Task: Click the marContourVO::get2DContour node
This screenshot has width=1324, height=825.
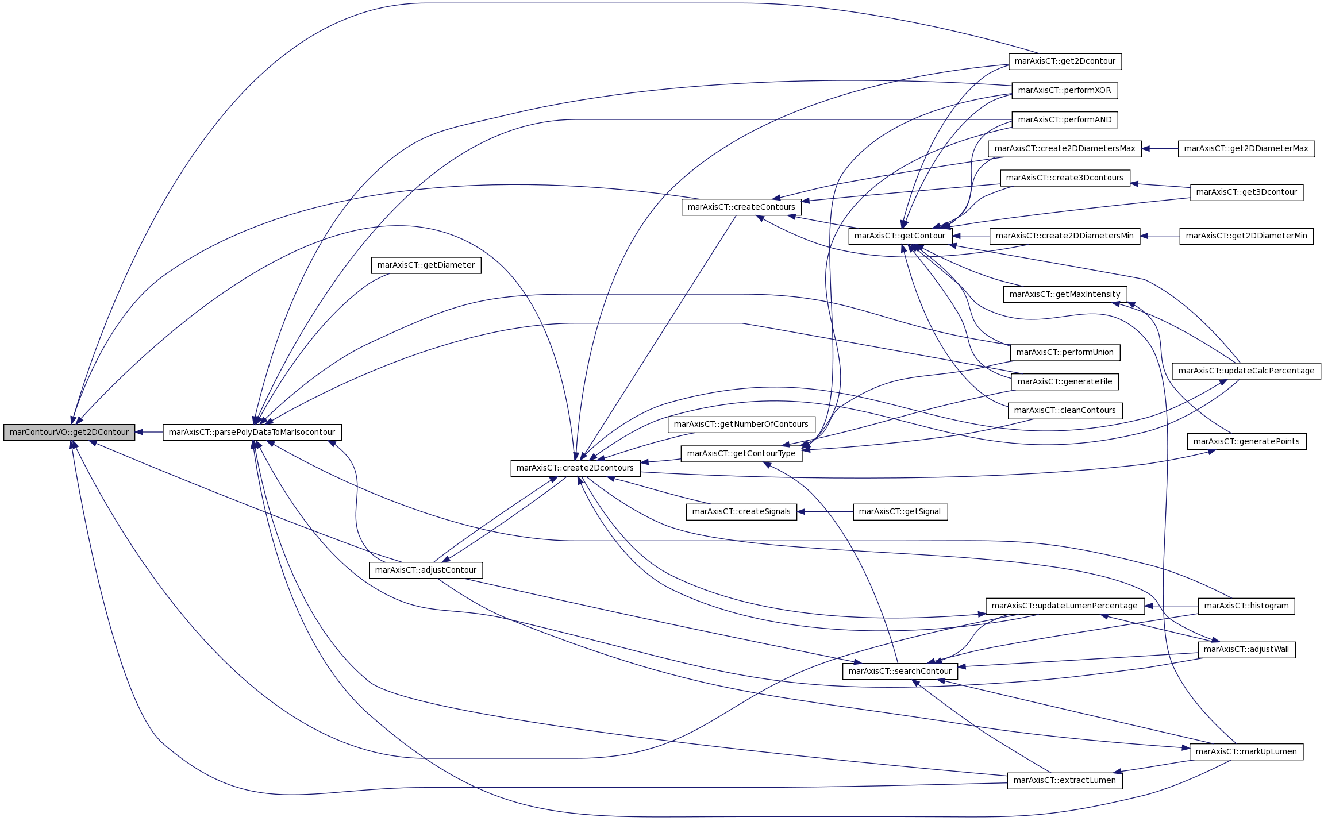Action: click(70, 433)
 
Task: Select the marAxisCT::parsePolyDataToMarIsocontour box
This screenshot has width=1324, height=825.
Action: click(252, 433)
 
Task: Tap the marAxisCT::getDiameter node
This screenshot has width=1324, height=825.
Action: click(426, 265)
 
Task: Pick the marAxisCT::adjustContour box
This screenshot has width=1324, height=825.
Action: click(426, 570)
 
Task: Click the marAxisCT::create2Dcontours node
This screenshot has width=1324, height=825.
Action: click(575, 468)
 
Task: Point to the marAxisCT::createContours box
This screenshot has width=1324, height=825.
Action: click(741, 207)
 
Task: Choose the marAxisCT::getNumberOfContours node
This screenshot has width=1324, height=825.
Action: click(741, 425)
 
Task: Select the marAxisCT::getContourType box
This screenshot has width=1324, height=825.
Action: click(741, 454)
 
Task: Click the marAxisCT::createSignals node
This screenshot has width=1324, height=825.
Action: click(741, 512)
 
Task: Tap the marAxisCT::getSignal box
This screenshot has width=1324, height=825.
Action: click(900, 512)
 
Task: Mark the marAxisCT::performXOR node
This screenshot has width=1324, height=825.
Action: click(1065, 91)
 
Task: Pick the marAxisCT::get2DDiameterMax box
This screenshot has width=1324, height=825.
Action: click(1246, 149)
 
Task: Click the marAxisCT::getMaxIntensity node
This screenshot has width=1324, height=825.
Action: click(1065, 295)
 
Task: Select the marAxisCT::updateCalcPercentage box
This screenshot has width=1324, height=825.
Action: click(1246, 371)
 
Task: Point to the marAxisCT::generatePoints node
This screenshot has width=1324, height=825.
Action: click(1246, 442)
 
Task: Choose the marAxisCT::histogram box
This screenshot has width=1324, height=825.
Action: click(1246, 606)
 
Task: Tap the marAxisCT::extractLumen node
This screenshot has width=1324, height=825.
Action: click(1065, 781)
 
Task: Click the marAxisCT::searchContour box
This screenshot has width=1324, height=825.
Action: click(900, 672)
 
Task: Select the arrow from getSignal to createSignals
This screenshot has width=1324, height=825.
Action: click(825, 512)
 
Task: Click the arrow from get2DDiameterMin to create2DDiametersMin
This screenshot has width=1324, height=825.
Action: click(1160, 236)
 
